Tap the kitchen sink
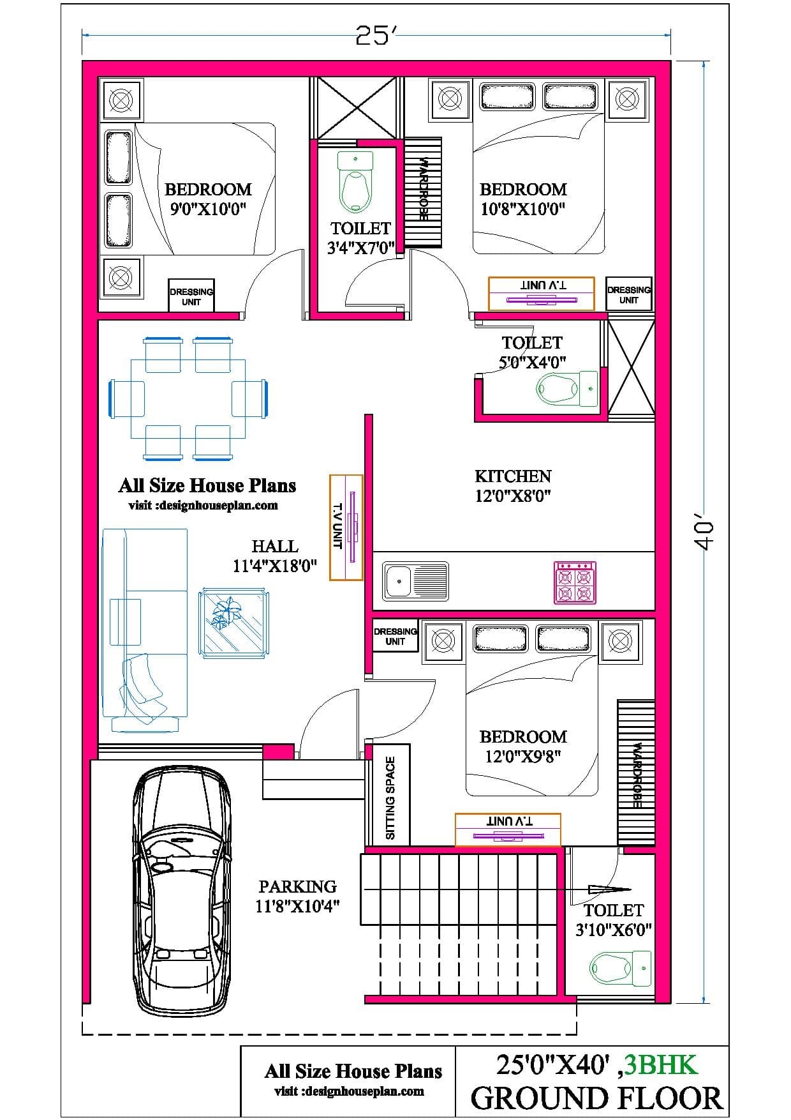[415, 581]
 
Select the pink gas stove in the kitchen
[575, 582]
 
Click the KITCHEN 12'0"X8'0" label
[513, 486]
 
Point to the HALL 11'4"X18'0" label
[274, 556]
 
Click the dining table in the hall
[188, 399]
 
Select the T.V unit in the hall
[346, 527]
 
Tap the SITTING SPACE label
[390, 798]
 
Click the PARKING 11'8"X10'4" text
[297, 896]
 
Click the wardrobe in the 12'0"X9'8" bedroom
[635, 773]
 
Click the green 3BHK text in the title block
[661, 1064]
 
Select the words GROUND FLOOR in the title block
[596, 1098]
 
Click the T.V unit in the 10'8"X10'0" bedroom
[542, 293]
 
